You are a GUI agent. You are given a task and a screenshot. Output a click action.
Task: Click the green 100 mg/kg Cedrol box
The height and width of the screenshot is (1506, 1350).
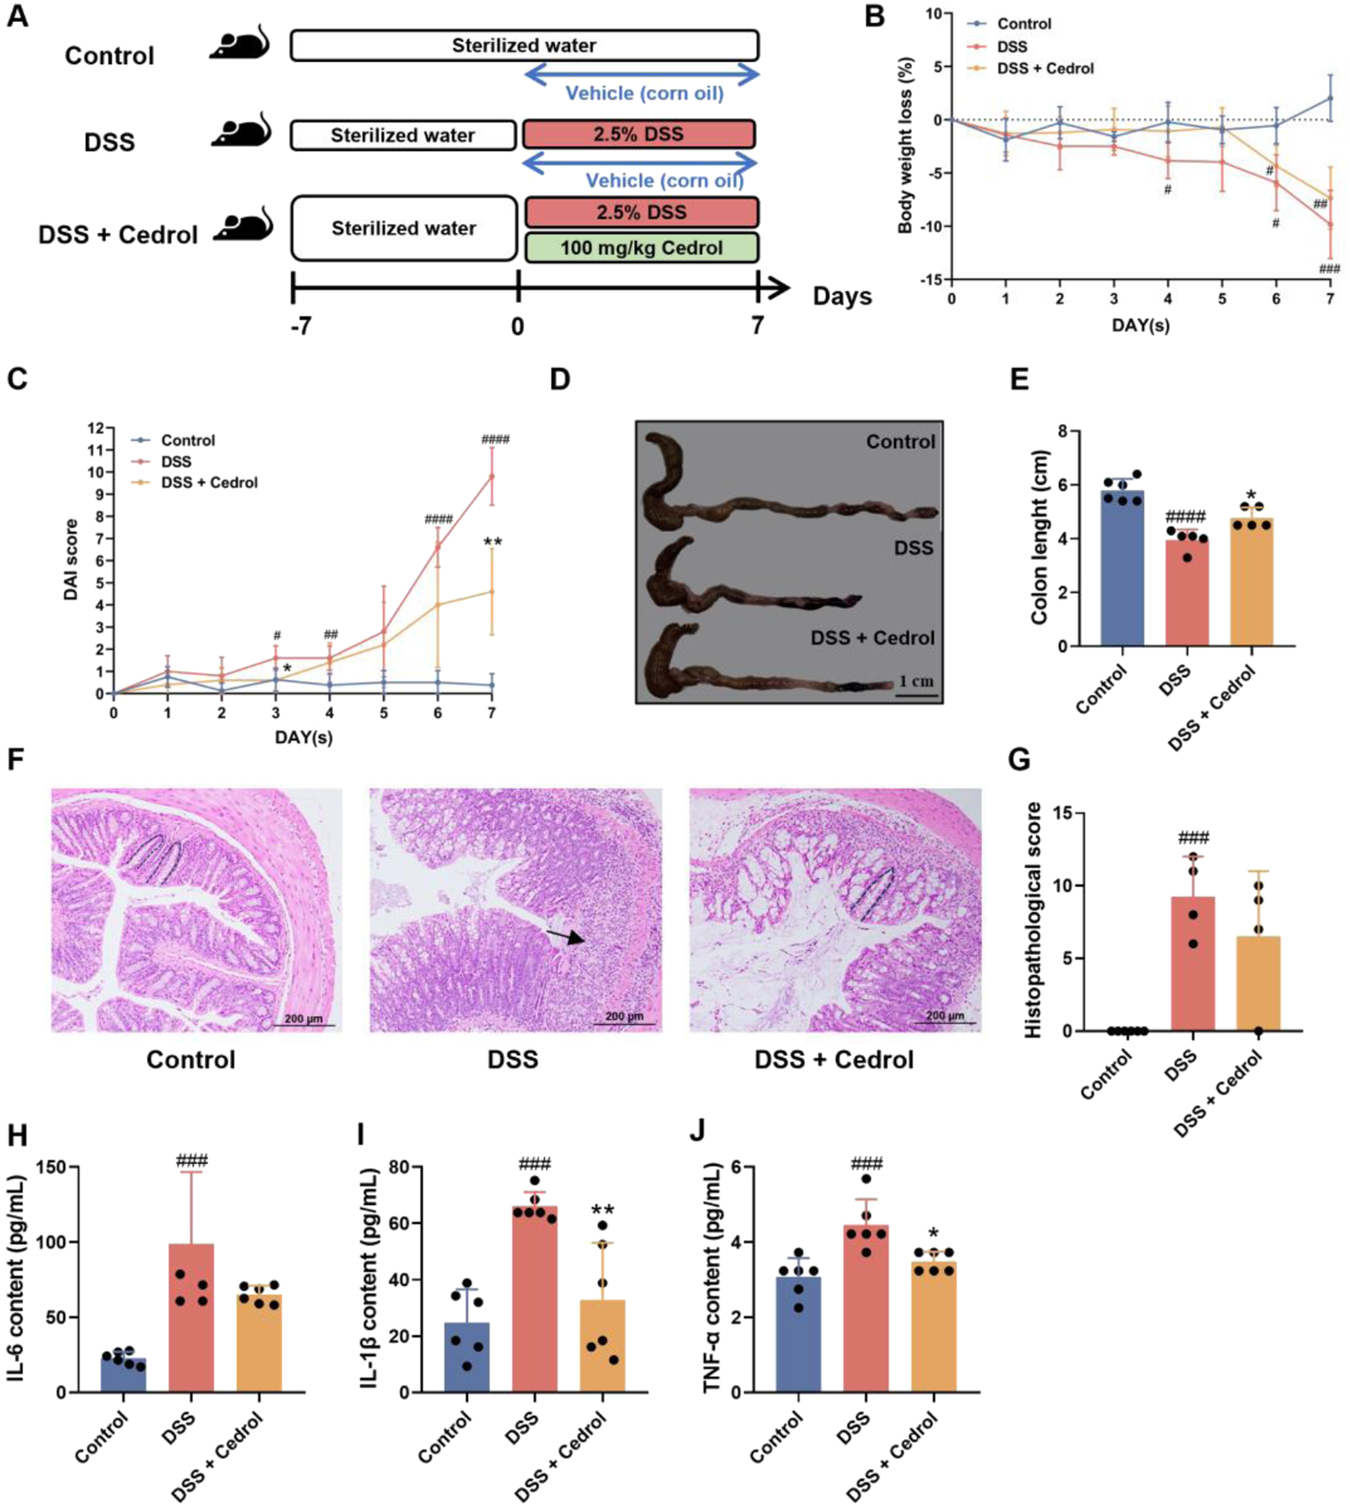(641, 248)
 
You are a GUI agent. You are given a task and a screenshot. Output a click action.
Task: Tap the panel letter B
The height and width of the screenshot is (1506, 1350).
(875, 17)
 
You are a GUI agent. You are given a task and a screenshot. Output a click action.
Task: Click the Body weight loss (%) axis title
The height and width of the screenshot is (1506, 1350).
(906, 145)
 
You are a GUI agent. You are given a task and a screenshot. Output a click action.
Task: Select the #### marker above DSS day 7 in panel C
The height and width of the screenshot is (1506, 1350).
(495, 439)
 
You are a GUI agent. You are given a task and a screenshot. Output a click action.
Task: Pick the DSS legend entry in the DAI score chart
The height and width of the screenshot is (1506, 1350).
(175, 462)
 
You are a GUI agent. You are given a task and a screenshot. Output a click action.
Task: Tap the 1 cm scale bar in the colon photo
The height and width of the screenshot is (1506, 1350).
(916, 689)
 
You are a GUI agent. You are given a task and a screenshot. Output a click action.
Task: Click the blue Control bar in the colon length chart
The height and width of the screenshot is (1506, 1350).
(1121, 569)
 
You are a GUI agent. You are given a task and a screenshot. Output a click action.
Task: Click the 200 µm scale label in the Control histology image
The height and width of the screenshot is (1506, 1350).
(303, 1019)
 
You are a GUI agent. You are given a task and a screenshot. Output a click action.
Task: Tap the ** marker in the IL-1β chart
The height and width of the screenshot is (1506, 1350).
(603, 1210)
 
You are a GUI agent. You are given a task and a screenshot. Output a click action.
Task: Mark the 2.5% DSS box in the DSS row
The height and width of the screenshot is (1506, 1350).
(638, 134)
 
